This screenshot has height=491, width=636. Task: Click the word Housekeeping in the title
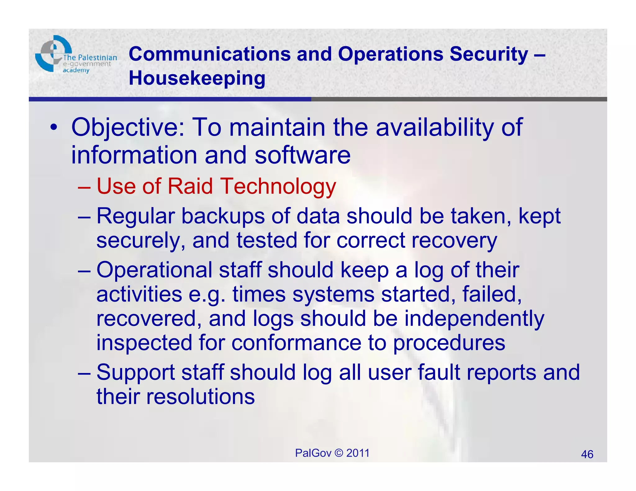(197, 78)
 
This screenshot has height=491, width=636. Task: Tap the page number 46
(587, 454)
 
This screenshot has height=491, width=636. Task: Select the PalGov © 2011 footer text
(332, 453)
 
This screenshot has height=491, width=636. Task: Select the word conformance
(296, 343)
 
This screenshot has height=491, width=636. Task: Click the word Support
(136, 372)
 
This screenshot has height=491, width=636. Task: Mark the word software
(302, 155)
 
